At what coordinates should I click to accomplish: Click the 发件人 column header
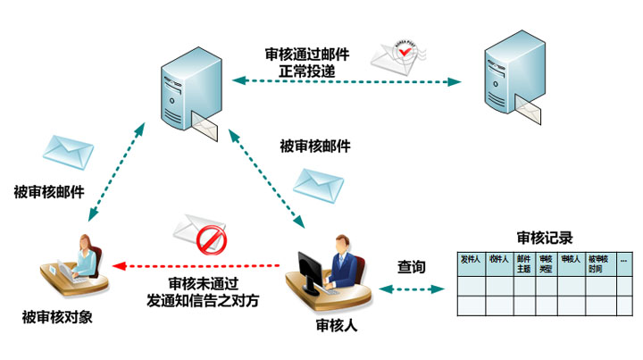470,260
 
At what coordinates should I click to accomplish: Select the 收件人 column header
498,260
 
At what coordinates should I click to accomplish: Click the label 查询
411,267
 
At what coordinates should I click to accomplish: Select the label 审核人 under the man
337,326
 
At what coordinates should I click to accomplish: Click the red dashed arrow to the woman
196,265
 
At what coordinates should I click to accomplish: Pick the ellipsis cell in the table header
623,260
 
